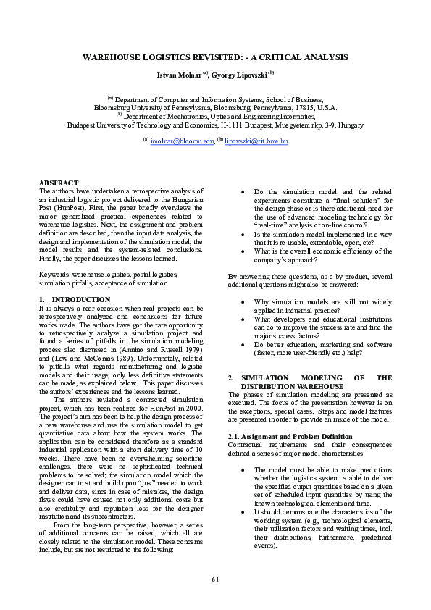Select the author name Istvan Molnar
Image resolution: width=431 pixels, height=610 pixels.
(178, 75)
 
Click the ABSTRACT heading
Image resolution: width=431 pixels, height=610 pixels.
(58, 183)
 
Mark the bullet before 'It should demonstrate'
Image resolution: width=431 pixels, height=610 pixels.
(242, 511)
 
